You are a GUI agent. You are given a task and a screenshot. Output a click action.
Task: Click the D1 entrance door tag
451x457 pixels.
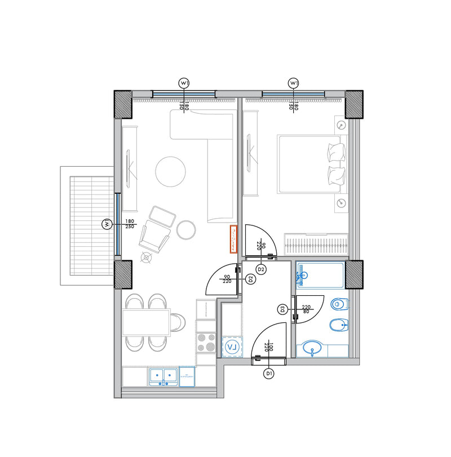coord(269,373)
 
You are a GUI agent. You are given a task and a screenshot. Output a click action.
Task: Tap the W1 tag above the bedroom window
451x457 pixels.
coord(293,83)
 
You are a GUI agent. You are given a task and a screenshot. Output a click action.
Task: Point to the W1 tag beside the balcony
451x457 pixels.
coord(105,224)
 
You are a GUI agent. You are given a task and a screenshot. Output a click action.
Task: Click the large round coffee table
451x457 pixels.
coord(170,171)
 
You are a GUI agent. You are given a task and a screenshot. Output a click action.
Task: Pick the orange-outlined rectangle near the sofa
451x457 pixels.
coord(233,239)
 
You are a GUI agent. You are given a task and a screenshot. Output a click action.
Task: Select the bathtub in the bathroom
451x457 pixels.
coord(320,276)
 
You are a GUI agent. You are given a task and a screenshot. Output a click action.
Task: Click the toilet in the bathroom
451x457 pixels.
coord(340,304)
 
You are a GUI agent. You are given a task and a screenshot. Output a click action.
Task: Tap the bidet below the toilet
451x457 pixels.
coord(340,325)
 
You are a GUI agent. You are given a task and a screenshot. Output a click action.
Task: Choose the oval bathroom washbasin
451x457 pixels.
coord(312,349)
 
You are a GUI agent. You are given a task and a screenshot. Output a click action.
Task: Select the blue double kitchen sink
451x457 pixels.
coord(162,376)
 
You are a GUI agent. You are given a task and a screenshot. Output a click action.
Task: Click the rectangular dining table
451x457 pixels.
coord(146,322)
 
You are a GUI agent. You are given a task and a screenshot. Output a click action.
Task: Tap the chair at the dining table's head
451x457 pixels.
coord(178,322)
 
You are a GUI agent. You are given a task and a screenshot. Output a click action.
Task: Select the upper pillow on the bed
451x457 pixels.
coord(336,151)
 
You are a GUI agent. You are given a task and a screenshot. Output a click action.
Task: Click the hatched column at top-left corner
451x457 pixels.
coord(123,104)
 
